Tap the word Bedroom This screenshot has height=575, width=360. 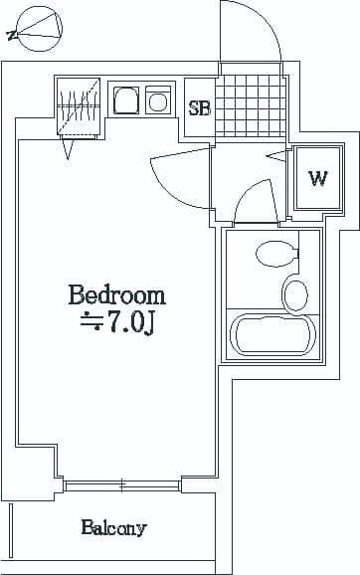(116, 295)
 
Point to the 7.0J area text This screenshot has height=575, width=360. (129, 322)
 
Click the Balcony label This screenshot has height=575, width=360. (114, 528)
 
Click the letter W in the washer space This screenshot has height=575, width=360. (317, 179)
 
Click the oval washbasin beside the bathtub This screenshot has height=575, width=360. (295, 294)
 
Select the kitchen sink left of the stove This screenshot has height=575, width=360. (127, 101)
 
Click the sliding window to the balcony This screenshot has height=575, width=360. (122, 485)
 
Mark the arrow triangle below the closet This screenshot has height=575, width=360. (68, 148)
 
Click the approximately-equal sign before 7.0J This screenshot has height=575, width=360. (91, 321)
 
